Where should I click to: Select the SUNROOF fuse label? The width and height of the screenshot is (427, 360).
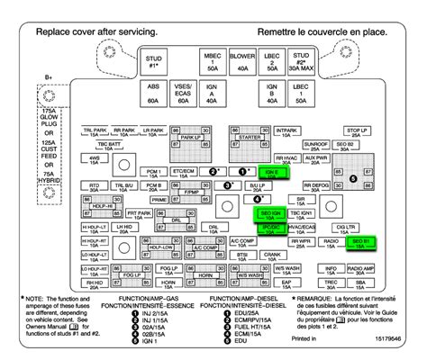[314, 143]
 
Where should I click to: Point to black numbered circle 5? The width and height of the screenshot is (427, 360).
[354, 179]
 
